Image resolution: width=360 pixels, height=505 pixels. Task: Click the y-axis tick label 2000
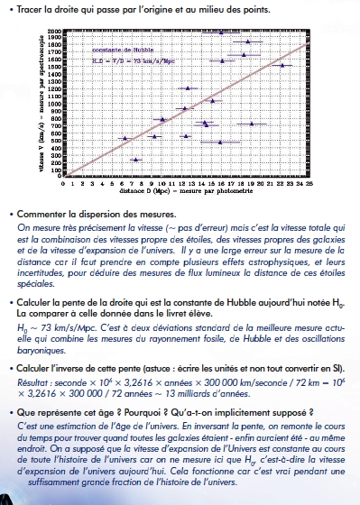53,31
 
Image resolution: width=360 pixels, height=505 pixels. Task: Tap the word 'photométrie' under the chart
226,191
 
